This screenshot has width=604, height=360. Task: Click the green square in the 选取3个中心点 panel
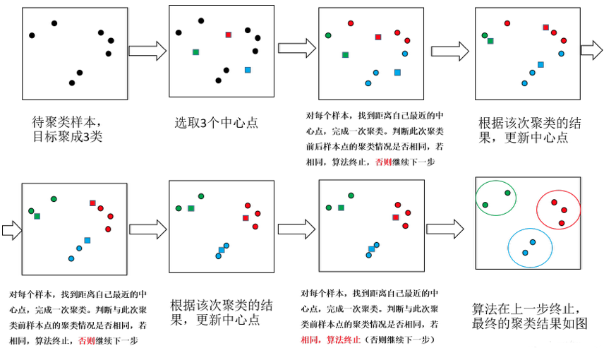click(195, 52)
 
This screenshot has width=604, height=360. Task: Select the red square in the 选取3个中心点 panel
click(229, 35)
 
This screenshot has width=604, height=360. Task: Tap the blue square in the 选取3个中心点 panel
click(248, 70)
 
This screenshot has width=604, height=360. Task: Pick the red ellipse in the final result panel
click(559, 209)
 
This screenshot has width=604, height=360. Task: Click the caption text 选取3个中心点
click(217, 122)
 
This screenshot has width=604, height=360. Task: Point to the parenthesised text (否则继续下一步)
click(395, 340)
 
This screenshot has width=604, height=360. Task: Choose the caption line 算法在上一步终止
click(526, 309)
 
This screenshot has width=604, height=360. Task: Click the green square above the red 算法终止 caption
click(341, 208)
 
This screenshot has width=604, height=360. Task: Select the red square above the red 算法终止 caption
click(396, 217)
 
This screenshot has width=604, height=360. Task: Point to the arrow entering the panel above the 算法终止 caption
click(296, 228)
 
